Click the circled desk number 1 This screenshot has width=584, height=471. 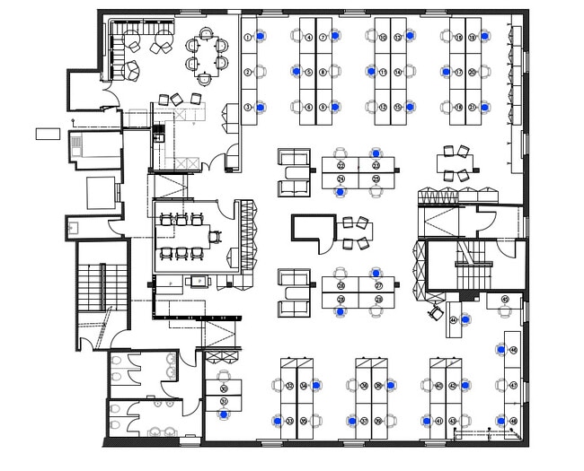[248, 37]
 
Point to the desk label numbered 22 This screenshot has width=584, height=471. [341, 166]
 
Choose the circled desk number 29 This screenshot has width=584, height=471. [341, 299]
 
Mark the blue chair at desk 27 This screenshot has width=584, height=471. [376, 271]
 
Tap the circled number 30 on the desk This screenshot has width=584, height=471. [224, 388]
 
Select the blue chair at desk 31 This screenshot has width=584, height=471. [224, 415]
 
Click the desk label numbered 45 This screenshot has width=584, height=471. [505, 300]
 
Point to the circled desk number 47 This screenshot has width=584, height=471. [512, 385]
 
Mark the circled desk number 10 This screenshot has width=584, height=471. [382, 37]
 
